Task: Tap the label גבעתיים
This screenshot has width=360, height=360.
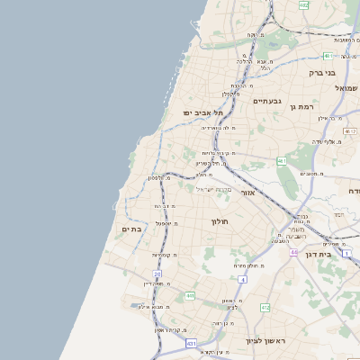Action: coord(267,101)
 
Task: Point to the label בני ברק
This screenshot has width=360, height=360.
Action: coord(321,72)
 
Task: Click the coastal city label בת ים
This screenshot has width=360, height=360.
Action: coord(131,229)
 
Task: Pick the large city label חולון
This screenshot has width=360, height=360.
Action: coord(220,221)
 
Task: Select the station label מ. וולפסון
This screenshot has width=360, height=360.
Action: coord(162,177)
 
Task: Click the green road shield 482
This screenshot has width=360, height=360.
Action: coord(303,5)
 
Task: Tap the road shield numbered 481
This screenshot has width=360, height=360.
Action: coord(328,56)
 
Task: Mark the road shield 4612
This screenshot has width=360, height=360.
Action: coord(349,131)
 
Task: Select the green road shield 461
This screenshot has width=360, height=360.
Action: coord(282,161)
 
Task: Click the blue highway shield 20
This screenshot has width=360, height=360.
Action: coord(157,274)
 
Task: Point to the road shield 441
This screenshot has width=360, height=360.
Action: coord(190,295)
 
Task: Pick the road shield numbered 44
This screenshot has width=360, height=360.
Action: coord(293,253)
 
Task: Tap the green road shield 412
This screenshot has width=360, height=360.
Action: coord(265,308)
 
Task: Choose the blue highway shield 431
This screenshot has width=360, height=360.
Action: coord(191,343)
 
